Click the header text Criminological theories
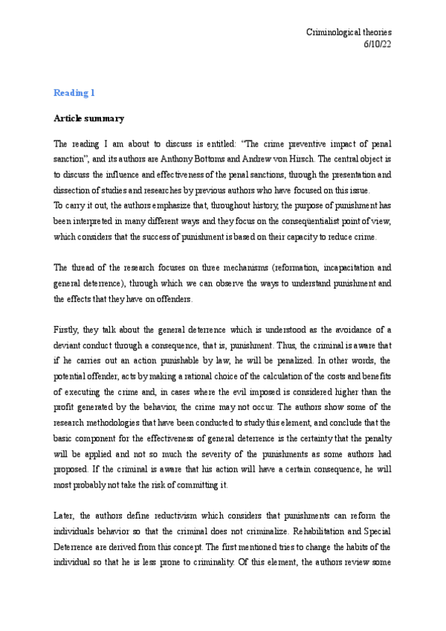click(349, 33)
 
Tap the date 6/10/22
click(378, 45)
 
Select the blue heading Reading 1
click(74, 93)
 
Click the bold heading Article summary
click(88, 118)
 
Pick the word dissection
click(71, 190)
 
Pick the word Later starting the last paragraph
click(65, 517)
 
